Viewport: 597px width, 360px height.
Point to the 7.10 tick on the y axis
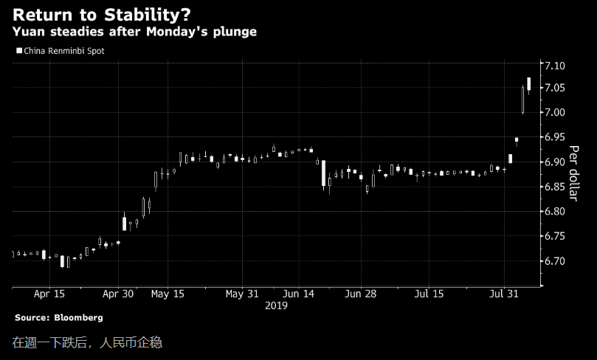554,66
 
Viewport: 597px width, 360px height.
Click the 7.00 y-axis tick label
554,112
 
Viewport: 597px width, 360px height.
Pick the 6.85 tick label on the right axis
554,187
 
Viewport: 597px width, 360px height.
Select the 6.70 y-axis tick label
554,261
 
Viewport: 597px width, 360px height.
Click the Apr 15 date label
49,293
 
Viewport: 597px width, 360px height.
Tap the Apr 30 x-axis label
118,293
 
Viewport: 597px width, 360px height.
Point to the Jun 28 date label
362,293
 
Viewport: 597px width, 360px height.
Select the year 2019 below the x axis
277,305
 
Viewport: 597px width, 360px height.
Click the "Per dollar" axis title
573,173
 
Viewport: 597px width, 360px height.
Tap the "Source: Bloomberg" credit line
59,317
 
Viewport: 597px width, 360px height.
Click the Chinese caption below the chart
86,342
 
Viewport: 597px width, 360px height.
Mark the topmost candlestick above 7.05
529,83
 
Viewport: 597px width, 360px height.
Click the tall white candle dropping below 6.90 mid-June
323,173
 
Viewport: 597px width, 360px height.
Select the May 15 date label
168,293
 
